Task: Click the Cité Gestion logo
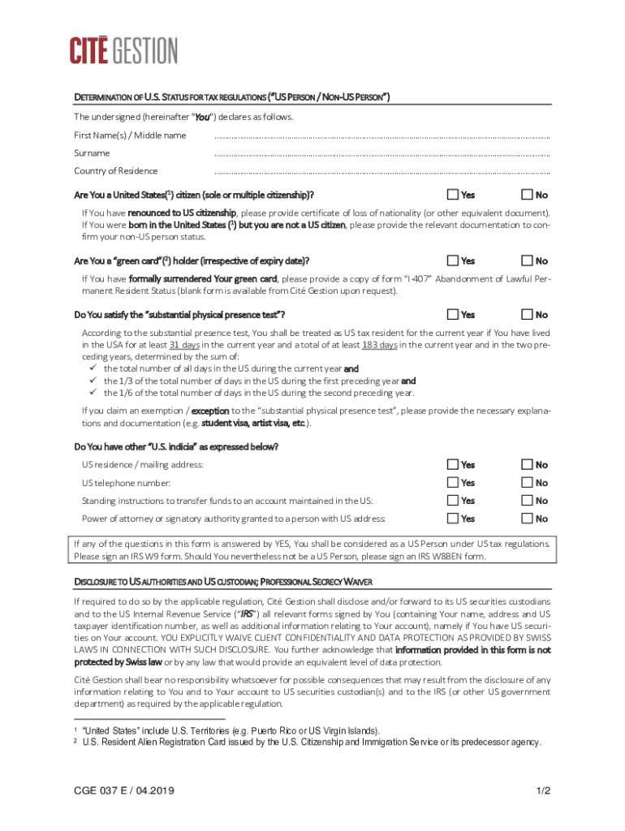(x=123, y=50)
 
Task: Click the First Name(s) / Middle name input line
(x=381, y=137)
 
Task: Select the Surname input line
(x=381, y=155)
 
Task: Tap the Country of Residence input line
(x=381, y=173)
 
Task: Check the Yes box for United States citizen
(x=452, y=195)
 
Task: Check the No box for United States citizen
(x=527, y=195)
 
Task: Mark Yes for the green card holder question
(x=452, y=260)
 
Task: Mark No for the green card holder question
(x=527, y=260)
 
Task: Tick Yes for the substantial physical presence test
(x=452, y=314)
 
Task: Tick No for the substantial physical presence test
(x=527, y=314)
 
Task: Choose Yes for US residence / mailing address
(x=452, y=464)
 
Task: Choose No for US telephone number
(x=527, y=482)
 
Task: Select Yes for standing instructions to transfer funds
(x=452, y=501)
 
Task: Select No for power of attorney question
(x=527, y=519)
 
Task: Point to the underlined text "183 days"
(x=379, y=344)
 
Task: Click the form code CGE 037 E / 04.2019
(x=124, y=790)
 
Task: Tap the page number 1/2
(x=543, y=790)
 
